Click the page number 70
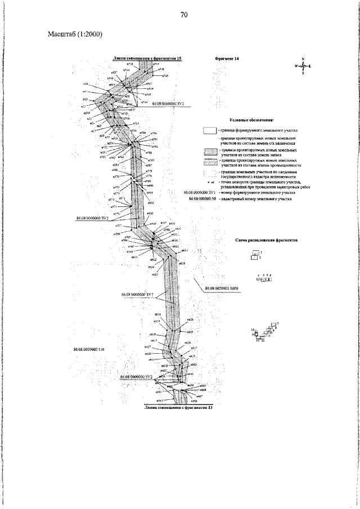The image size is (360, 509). coord(184,15)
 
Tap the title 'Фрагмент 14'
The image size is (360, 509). coord(227,58)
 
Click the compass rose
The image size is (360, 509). coord(303,66)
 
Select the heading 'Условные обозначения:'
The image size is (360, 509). coord(251,120)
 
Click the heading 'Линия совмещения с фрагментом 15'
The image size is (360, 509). coord(147,58)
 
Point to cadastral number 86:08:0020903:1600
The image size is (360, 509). coord(222,287)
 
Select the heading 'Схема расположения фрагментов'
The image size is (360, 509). coord(266,240)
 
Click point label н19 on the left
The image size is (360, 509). coord(85,84)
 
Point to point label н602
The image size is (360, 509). coord(150,214)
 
